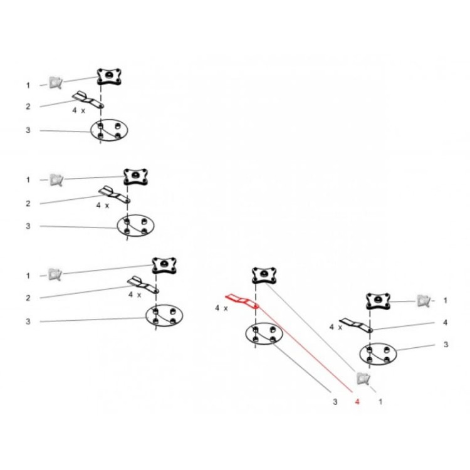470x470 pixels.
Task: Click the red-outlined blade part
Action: click(x=242, y=301)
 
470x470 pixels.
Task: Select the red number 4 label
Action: click(x=357, y=402)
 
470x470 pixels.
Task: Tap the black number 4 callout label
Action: click(x=445, y=323)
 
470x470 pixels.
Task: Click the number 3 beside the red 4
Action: click(x=335, y=402)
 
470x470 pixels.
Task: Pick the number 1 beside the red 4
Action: click(x=380, y=402)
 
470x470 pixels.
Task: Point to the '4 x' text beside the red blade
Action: click(x=221, y=308)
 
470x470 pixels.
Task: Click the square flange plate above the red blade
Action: click(x=264, y=276)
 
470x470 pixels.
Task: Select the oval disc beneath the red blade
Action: click(x=264, y=333)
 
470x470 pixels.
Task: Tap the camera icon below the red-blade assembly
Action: click(x=363, y=379)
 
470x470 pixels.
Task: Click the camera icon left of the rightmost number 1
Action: click(x=424, y=301)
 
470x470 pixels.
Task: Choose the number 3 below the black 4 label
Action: click(x=446, y=345)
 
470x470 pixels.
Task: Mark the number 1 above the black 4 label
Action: click(x=445, y=300)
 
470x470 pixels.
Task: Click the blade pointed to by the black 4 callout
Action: click(x=356, y=325)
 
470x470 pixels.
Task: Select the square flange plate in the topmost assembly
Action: click(x=109, y=76)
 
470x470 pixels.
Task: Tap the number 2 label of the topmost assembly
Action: click(x=28, y=107)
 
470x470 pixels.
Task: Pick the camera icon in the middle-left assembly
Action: click(x=56, y=180)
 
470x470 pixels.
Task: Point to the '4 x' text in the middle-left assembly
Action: click(x=103, y=206)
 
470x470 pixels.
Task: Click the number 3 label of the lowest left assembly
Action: click(x=28, y=321)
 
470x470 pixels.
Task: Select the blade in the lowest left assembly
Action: click(x=143, y=285)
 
